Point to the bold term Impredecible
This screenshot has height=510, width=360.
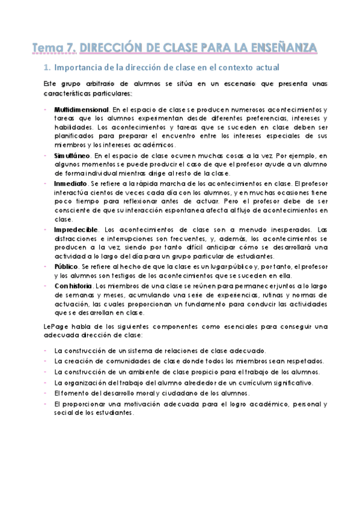tap(76, 229)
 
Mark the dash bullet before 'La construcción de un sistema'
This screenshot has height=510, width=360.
tap(46, 350)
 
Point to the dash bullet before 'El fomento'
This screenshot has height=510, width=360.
tap(46, 393)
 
